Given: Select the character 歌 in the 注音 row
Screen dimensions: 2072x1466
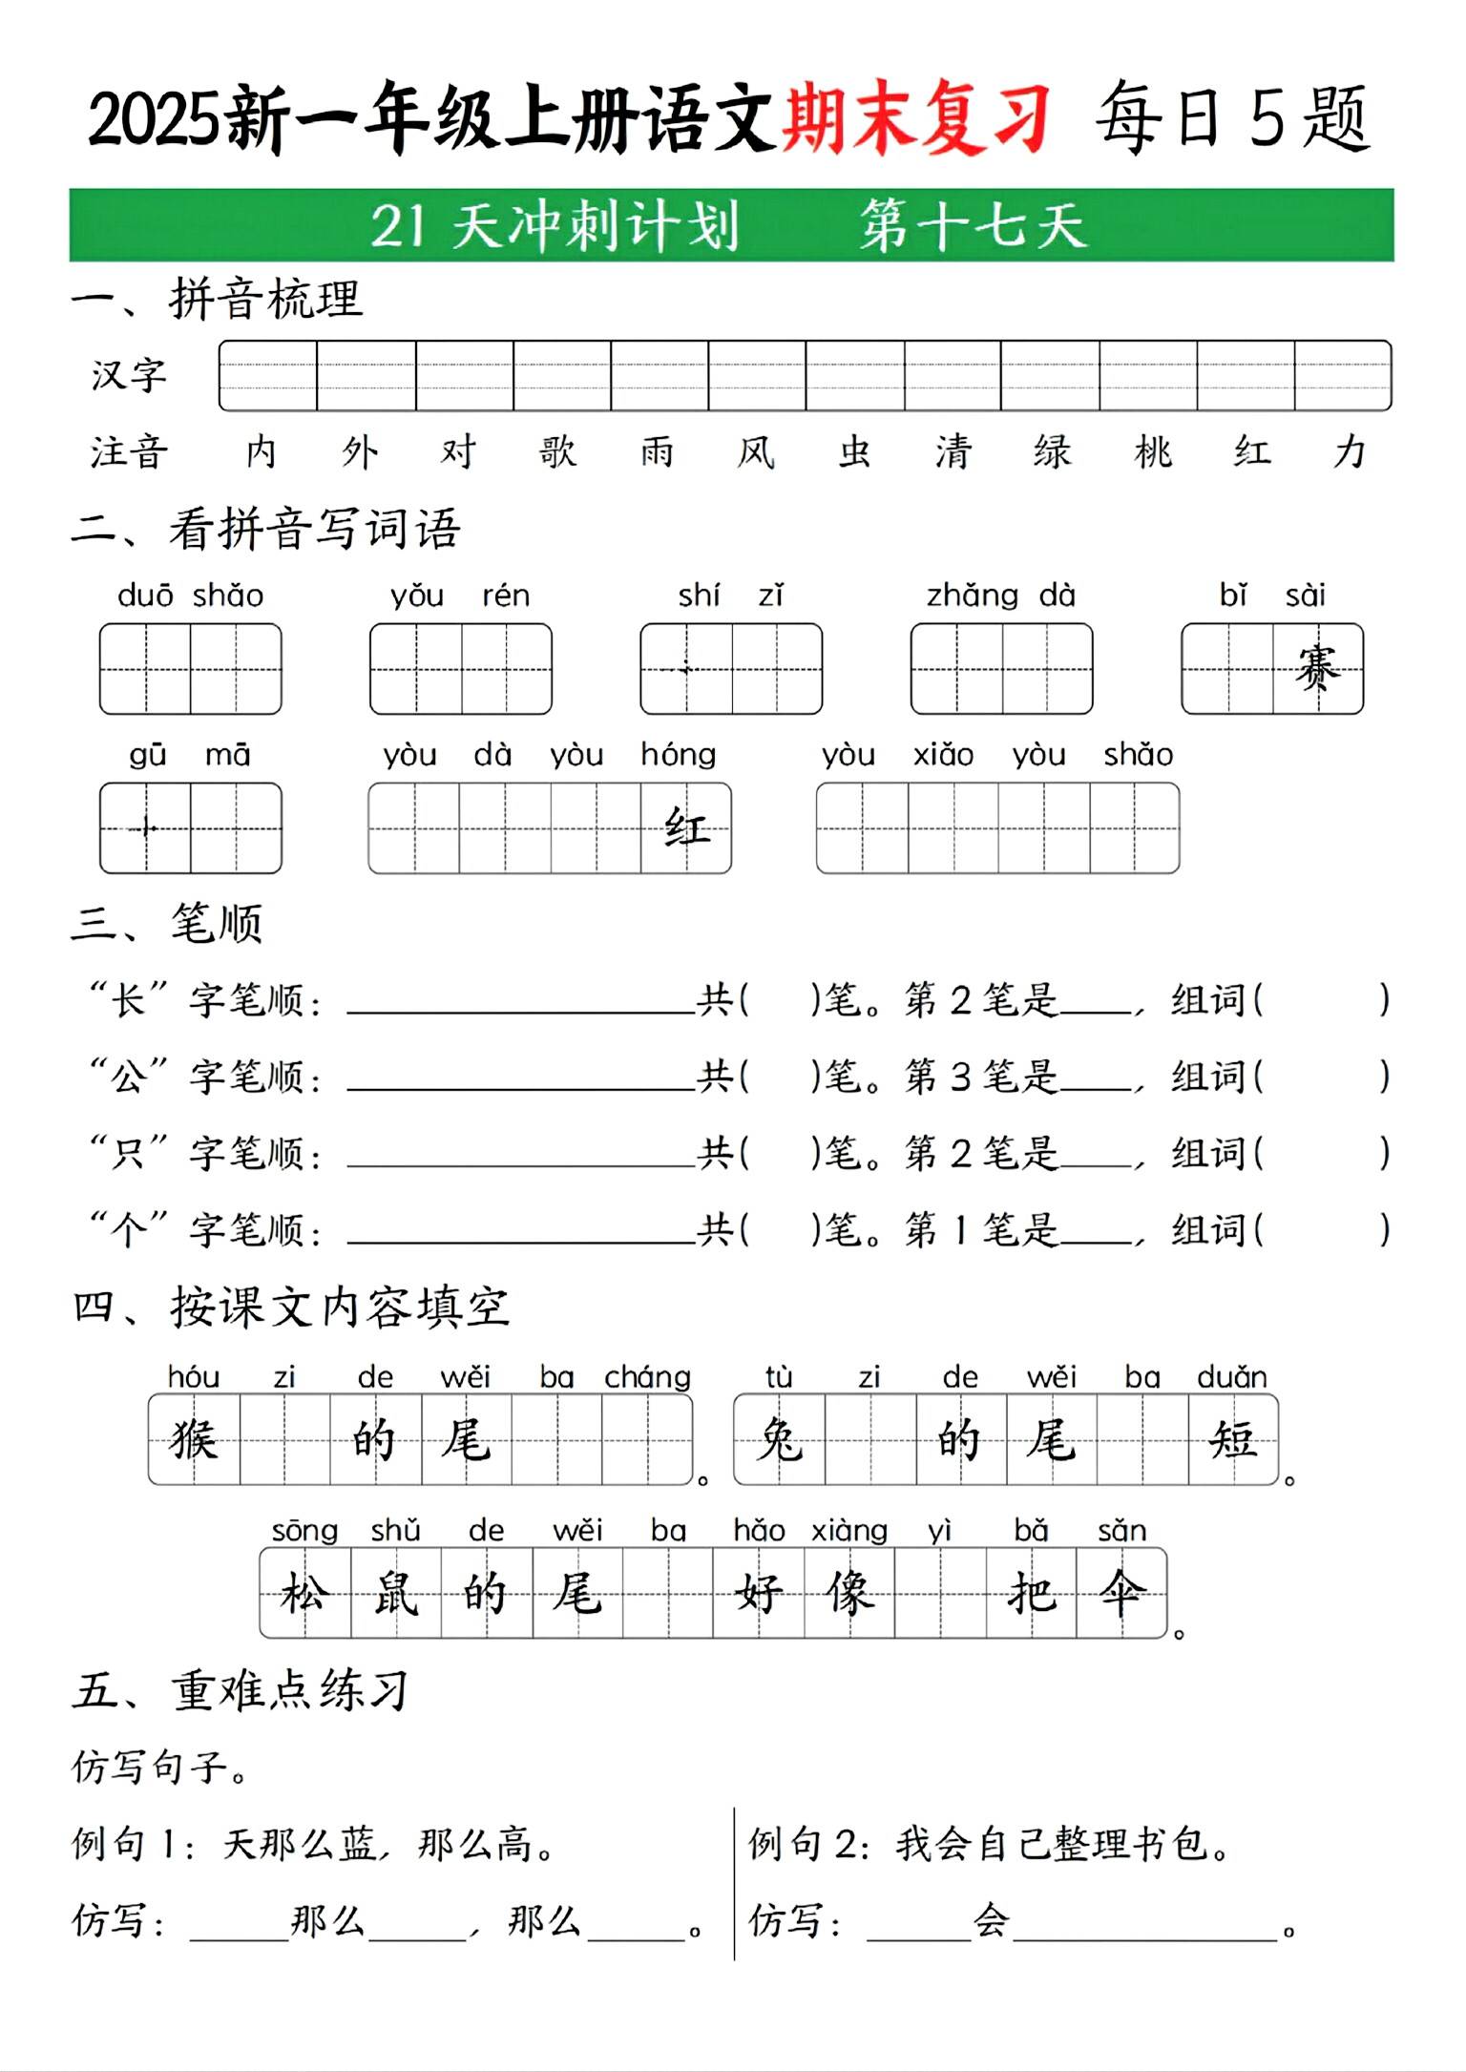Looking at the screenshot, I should coord(557,451).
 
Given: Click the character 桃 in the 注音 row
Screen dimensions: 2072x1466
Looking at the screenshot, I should coord(1153,451).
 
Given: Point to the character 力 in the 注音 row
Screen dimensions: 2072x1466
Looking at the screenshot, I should coord(1350,451).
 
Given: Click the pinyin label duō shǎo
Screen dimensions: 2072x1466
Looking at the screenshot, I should coord(190,596).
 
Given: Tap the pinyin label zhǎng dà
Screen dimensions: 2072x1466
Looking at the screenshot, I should coord(1001,596).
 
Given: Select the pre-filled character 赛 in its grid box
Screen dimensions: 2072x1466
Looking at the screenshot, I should coord(1318,668).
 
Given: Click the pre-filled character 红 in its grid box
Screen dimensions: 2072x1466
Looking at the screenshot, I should coord(686,827).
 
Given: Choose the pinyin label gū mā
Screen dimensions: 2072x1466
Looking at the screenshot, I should coord(190,755).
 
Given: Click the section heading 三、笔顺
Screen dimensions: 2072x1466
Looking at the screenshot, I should coord(167,924).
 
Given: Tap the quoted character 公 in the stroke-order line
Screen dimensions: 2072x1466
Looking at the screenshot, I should coord(129,1077).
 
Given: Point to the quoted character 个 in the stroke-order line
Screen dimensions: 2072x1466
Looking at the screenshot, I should coord(129,1229).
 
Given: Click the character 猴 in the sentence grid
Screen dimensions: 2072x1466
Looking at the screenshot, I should coord(194,1439).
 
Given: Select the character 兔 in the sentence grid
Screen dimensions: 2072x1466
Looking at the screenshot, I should coord(779,1439).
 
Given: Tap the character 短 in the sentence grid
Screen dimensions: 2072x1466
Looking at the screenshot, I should coord(1233,1439).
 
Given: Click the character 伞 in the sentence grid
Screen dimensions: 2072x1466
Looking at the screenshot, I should coord(1121,1592).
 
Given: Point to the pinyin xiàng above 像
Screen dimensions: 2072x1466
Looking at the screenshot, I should coord(848,1531).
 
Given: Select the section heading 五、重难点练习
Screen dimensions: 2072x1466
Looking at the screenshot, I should coord(241,1690).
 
